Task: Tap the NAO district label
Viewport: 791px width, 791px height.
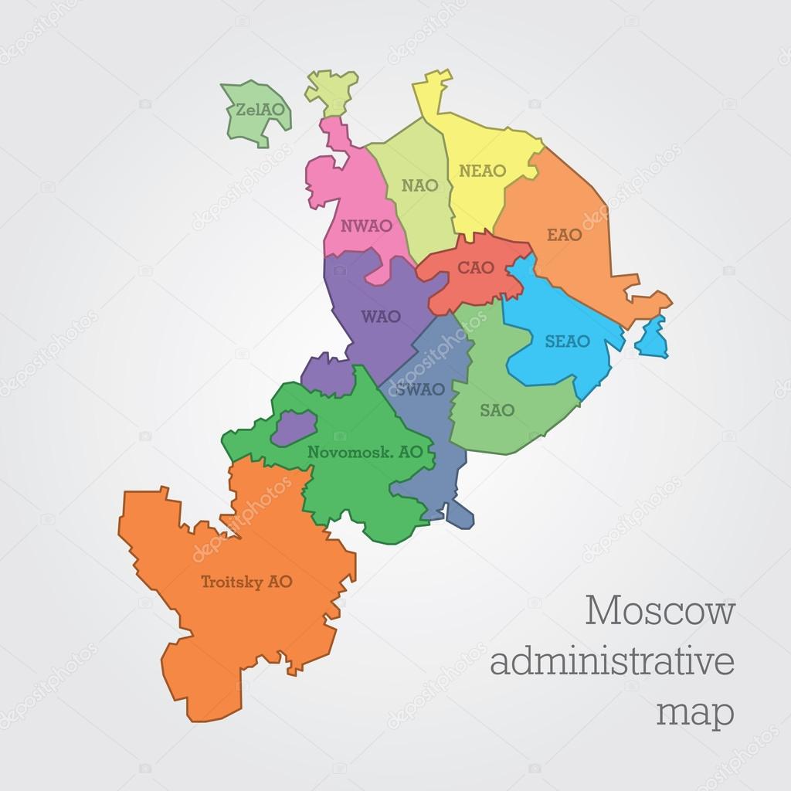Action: [x=419, y=185]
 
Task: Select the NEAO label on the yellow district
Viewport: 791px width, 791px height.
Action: [x=481, y=171]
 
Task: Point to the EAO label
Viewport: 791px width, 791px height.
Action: [x=564, y=235]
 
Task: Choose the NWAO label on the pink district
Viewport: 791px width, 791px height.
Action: [x=366, y=226]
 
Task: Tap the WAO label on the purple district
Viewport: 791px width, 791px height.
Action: [x=380, y=316]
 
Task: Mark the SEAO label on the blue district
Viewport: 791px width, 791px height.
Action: [x=567, y=341]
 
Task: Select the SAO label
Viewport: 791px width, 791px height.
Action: [x=497, y=410]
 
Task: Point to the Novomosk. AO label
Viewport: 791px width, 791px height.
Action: [x=365, y=453]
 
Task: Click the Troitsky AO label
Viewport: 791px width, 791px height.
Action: [x=246, y=582]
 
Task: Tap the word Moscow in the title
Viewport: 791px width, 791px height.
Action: [x=660, y=612]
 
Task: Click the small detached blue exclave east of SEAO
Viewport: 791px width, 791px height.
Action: [x=654, y=338]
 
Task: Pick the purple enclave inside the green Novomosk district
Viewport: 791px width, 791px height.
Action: [x=294, y=426]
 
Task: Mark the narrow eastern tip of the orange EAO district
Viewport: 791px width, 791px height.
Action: [x=661, y=300]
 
